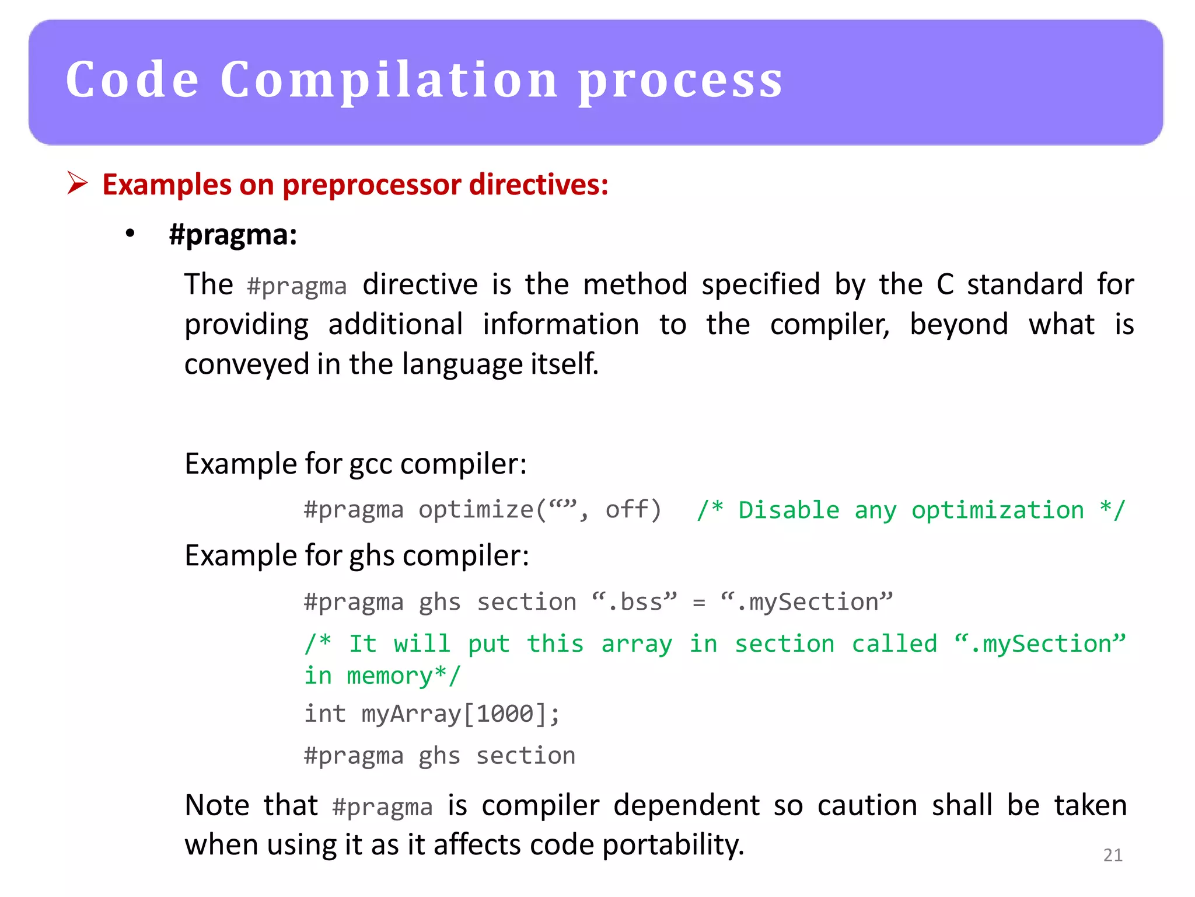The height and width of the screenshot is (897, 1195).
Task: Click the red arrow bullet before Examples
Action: click(77, 183)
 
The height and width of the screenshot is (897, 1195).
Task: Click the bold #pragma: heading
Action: click(233, 235)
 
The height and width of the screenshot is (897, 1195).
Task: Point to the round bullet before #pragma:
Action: click(130, 234)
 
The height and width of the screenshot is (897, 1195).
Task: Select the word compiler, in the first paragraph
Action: click(829, 325)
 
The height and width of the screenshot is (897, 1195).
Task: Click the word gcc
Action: click(371, 464)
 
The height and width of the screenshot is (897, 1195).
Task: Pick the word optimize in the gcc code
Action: click(476, 510)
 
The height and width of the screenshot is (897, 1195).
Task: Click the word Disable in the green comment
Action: click(788, 510)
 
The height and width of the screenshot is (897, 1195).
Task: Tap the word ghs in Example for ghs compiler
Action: click(372, 555)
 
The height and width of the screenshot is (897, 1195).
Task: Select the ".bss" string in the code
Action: click(634, 602)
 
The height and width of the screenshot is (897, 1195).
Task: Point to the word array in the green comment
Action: click(637, 644)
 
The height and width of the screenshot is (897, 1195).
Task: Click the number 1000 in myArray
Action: click(505, 714)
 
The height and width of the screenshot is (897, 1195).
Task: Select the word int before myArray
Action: click(325, 714)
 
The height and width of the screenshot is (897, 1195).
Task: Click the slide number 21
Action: click(1113, 855)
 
